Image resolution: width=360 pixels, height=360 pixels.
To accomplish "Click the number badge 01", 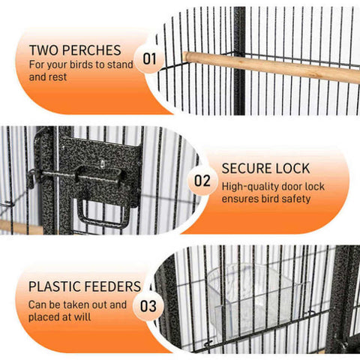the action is click(149, 59).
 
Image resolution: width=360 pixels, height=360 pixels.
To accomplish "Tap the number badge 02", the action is click(202, 181).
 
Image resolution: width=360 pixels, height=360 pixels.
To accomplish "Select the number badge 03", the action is click(148, 306).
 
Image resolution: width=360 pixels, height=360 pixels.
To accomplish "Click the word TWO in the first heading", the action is click(44, 50).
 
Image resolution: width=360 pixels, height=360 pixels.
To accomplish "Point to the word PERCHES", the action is click(91, 50).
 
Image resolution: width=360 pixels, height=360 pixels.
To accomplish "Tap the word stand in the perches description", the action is click(120, 64).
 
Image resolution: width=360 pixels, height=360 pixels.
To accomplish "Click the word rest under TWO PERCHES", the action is click(58, 77).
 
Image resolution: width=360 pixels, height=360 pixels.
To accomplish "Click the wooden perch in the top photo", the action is click(271, 67).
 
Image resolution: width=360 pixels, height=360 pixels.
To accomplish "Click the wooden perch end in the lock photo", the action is click(21, 227).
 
